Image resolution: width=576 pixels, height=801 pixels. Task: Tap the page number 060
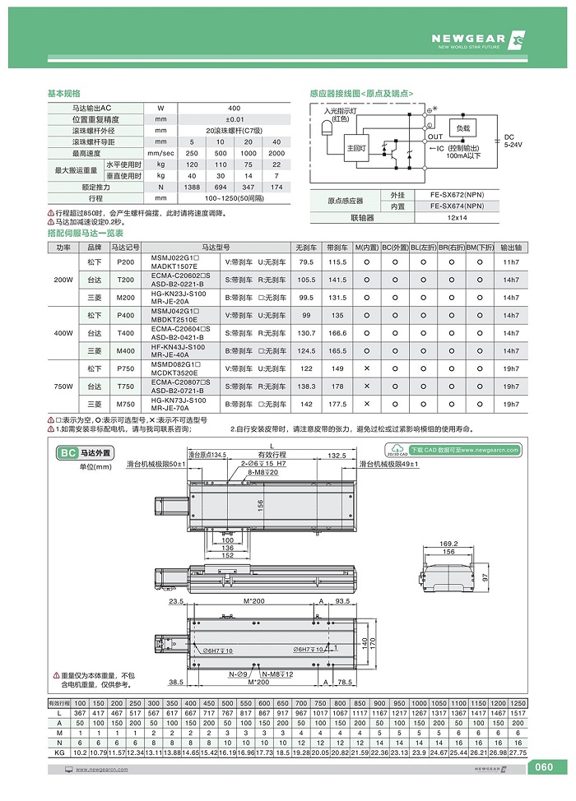coord(544,768)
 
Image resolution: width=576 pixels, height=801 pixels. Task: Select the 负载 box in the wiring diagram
coord(463,129)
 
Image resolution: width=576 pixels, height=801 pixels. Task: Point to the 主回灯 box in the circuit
coord(356,147)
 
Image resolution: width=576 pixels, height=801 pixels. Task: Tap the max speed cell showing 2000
coord(276,153)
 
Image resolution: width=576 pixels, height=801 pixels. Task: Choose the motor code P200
coord(126,262)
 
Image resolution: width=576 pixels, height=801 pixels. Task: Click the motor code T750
coord(126,387)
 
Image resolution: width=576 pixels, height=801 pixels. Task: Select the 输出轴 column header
coord(511,247)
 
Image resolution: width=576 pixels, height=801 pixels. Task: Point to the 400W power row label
coord(63,333)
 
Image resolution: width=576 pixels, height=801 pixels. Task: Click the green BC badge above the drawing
coord(68,452)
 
